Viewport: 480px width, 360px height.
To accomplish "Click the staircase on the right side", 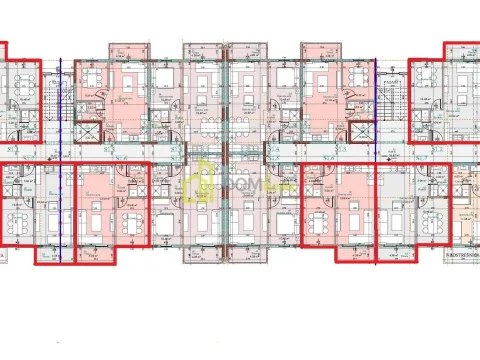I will (392, 96).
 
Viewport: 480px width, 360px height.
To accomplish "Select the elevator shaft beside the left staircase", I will (88, 134).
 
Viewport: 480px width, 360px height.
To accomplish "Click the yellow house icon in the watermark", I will (205, 181).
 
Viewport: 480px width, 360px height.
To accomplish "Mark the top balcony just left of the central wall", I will (201, 50).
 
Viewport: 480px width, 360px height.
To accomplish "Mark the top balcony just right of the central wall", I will (246, 50).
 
